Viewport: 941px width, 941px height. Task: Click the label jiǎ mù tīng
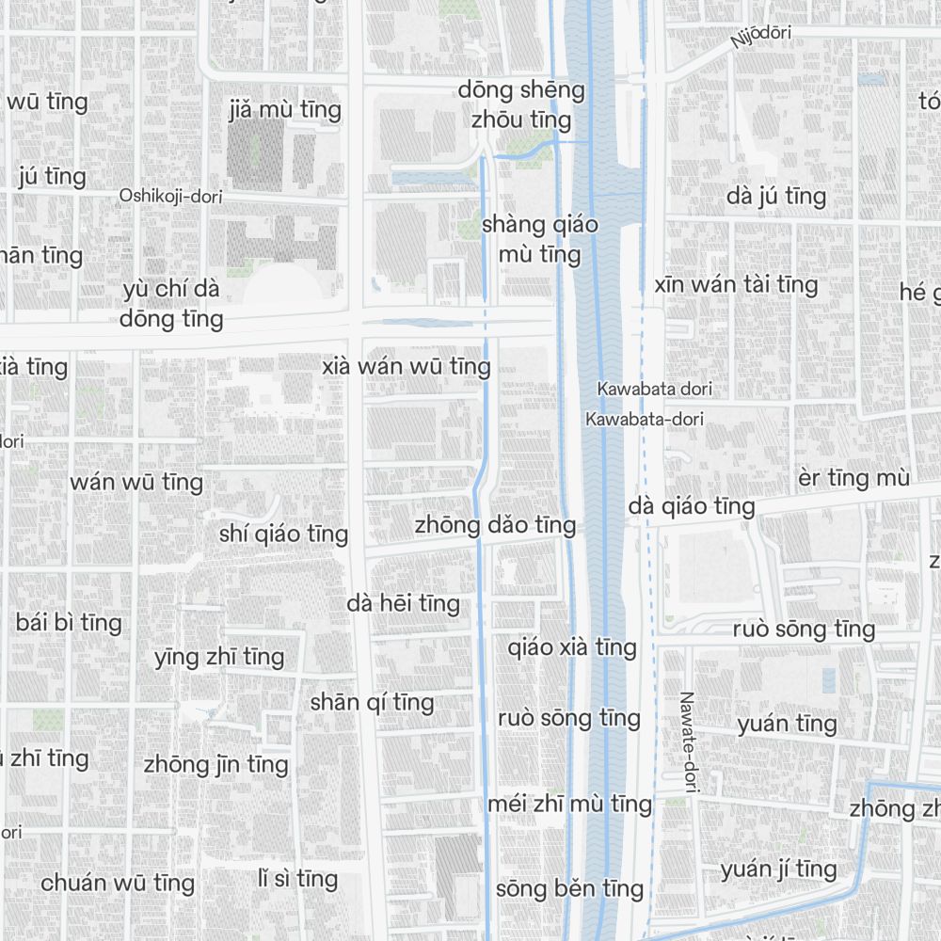284,110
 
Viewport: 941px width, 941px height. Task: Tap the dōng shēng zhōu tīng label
521,104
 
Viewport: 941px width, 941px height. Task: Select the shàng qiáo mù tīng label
539,239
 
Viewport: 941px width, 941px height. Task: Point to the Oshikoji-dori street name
168,196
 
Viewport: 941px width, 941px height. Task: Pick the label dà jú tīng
776,196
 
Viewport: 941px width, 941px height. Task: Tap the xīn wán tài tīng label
736,284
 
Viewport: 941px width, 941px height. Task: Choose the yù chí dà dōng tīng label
171,303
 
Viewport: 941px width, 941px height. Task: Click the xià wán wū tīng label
406,366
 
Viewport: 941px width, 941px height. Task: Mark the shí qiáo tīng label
283,534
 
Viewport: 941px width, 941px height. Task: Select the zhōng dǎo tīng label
495,524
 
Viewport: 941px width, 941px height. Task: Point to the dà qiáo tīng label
692,506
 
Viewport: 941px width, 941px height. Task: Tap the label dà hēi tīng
403,603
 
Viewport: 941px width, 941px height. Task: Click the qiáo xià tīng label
572,647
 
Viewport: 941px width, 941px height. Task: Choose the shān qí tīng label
372,702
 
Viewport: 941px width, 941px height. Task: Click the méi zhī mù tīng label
569,804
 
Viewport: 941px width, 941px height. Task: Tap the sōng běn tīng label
569,888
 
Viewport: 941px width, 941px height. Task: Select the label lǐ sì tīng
297,879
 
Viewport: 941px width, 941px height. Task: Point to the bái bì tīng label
69,622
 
